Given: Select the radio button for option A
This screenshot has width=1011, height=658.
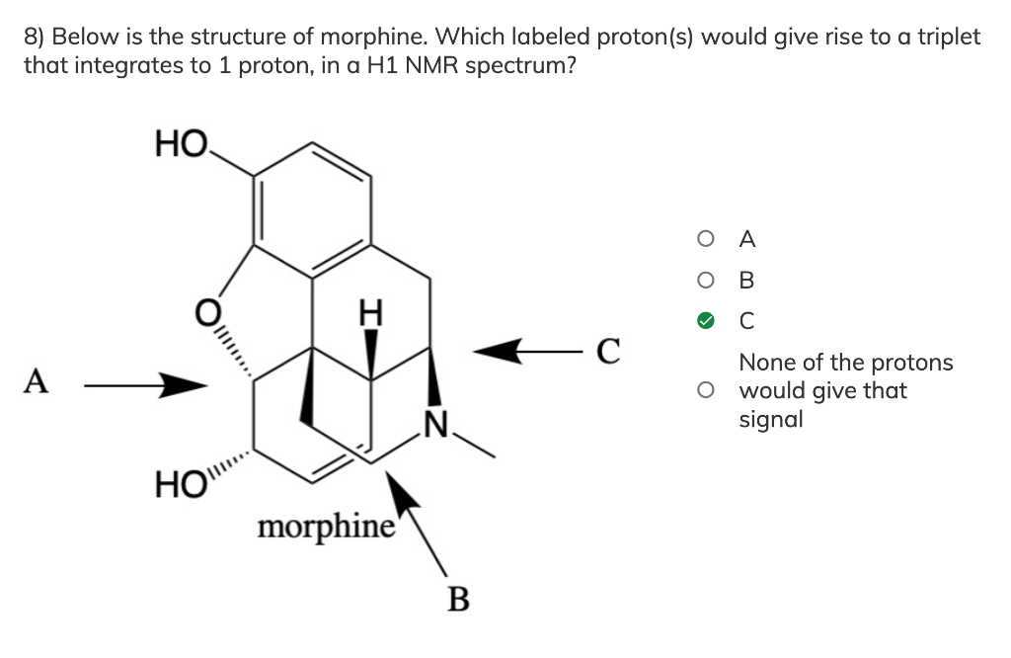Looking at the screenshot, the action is (704, 238).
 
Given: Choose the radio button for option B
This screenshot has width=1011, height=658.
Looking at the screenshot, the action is (704, 280).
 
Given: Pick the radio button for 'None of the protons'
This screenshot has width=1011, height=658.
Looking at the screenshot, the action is (704, 390).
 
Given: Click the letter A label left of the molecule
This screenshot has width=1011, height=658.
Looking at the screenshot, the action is (37, 380).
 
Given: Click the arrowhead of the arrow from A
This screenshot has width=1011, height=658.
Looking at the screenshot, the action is (188, 385).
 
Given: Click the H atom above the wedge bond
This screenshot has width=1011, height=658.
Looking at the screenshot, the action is (371, 314).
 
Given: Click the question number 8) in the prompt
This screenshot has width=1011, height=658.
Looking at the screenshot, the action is (35, 38).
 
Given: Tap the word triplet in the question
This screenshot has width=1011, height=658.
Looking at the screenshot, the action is (949, 38).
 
